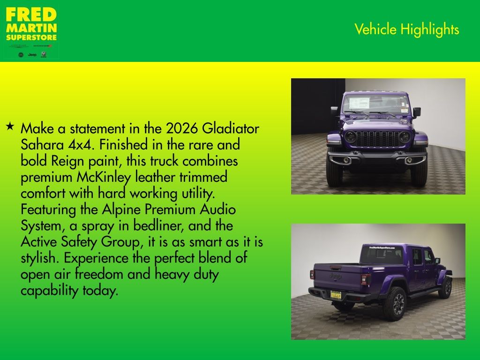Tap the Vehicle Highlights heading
[x=406, y=30]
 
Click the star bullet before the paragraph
[x=10, y=127]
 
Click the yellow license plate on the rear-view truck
[x=336, y=294]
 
